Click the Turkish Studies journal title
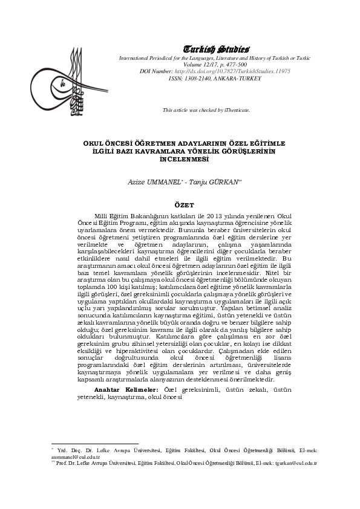(215, 48)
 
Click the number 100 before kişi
(109, 287)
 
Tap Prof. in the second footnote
(61, 464)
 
